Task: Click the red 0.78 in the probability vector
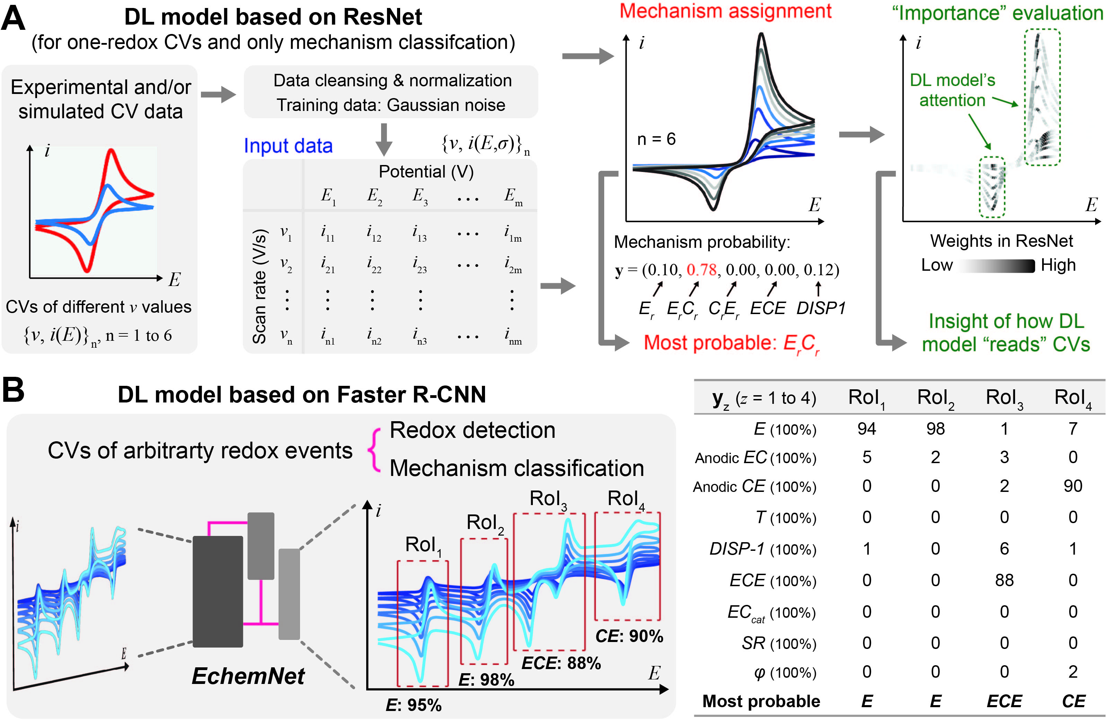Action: (x=701, y=270)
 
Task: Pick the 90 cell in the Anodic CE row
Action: (x=1073, y=486)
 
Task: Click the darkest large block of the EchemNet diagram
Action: (x=218, y=591)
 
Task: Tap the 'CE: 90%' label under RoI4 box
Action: (x=629, y=636)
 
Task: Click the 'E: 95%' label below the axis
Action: (x=413, y=705)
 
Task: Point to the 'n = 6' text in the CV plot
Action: (x=656, y=139)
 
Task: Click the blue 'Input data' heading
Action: (x=288, y=146)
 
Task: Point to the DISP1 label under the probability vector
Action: (x=820, y=308)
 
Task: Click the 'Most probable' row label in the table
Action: (x=761, y=701)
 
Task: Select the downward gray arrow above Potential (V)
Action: (x=384, y=139)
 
